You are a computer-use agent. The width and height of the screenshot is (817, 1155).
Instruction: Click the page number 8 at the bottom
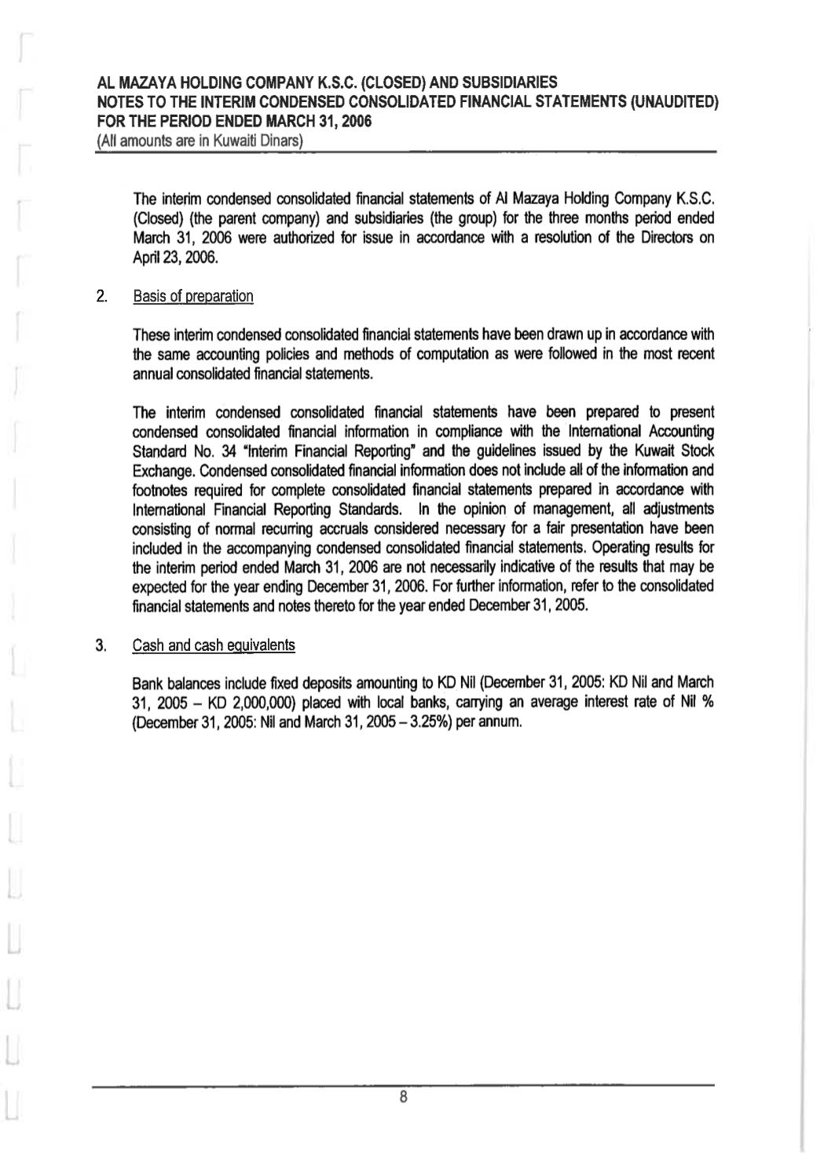(402, 1096)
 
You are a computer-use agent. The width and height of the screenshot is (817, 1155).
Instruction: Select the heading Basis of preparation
(193, 296)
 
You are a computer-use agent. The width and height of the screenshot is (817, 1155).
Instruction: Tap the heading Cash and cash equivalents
(214, 645)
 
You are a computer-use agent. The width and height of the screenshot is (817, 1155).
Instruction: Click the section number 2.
(101, 296)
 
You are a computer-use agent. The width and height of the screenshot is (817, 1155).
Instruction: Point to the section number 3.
(101, 645)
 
